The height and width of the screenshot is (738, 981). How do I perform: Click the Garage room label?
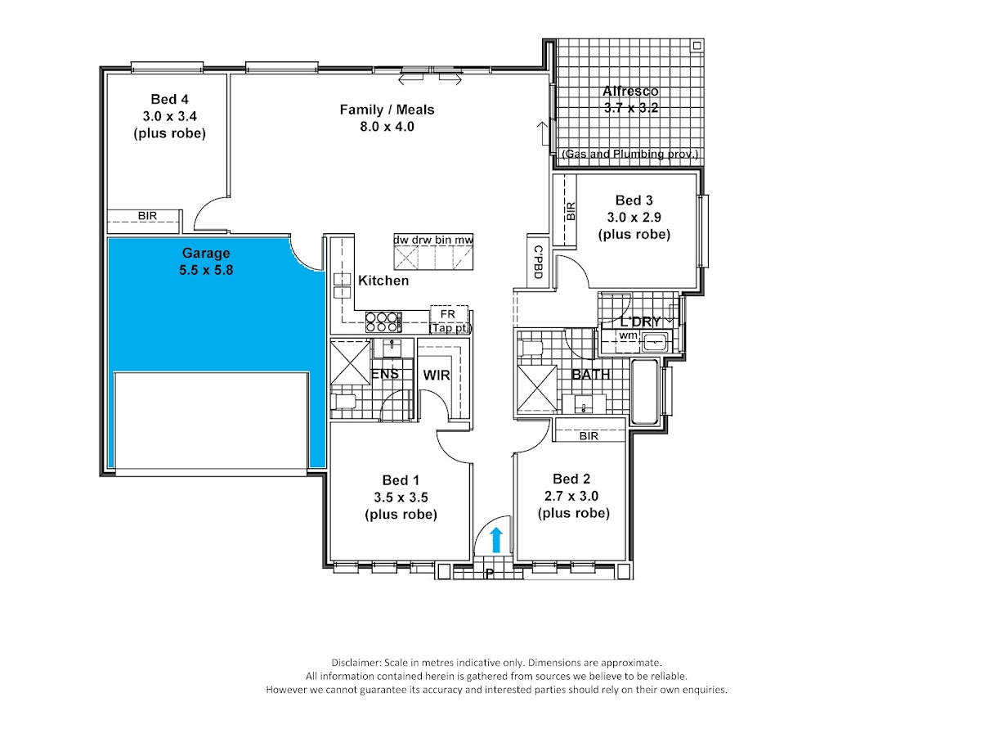click(206, 253)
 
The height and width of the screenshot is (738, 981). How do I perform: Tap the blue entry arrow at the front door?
click(496, 540)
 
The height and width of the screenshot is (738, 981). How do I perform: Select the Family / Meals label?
click(387, 110)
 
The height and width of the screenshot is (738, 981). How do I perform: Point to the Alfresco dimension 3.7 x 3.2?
click(631, 108)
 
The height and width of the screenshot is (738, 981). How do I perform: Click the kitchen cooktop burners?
click(383, 322)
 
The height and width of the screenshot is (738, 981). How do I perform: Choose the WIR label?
click(437, 375)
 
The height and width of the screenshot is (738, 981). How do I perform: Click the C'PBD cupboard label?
click(538, 262)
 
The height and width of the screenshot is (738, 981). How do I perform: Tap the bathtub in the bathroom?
click(644, 391)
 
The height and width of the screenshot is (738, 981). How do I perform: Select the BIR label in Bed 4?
click(147, 216)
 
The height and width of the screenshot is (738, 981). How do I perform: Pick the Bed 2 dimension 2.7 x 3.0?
click(571, 496)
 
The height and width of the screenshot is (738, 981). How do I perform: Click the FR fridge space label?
click(448, 314)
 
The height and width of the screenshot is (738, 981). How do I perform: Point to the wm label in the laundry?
click(628, 335)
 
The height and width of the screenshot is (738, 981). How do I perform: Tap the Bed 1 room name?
click(401, 480)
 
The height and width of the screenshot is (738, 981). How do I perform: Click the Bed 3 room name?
click(634, 200)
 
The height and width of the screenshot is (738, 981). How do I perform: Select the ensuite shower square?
click(351, 362)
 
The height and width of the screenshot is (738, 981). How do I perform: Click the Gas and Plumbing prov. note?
click(629, 154)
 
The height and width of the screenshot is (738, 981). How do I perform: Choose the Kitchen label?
click(383, 281)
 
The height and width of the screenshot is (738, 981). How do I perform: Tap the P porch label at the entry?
click(490, 574)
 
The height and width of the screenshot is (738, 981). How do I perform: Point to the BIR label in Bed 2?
click(589, 436)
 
